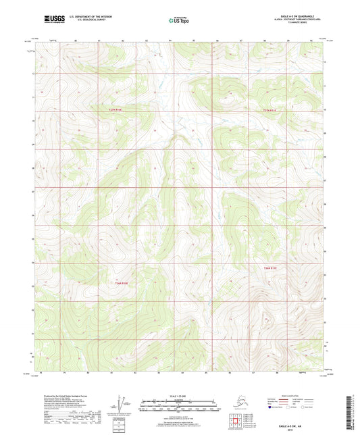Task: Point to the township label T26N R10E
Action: (119, 282)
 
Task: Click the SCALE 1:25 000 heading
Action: (180, 395)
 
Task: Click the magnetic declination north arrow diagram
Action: (122, 404)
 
